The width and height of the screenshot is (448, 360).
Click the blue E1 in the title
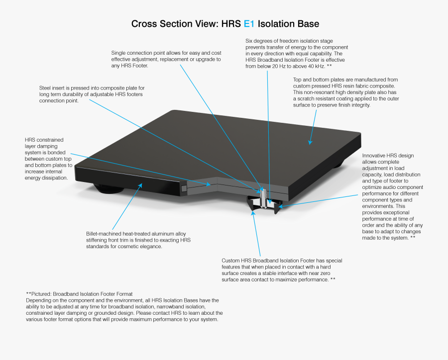[249, 24]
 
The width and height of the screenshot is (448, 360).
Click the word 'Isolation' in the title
[275, 24]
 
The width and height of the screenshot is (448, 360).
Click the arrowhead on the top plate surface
[310, 142]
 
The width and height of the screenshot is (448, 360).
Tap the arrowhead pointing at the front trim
[140, 186]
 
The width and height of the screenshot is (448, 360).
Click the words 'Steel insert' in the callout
[52, 88]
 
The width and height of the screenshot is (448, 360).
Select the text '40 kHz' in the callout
[317, 66]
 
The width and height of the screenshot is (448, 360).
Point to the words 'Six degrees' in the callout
[259, 41]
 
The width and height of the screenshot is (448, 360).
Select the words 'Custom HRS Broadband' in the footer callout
[250, 261]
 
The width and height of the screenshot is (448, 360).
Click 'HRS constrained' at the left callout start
[44, 140]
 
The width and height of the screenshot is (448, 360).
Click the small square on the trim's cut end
[184, 189]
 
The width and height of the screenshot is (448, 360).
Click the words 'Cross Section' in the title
[161, 24]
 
